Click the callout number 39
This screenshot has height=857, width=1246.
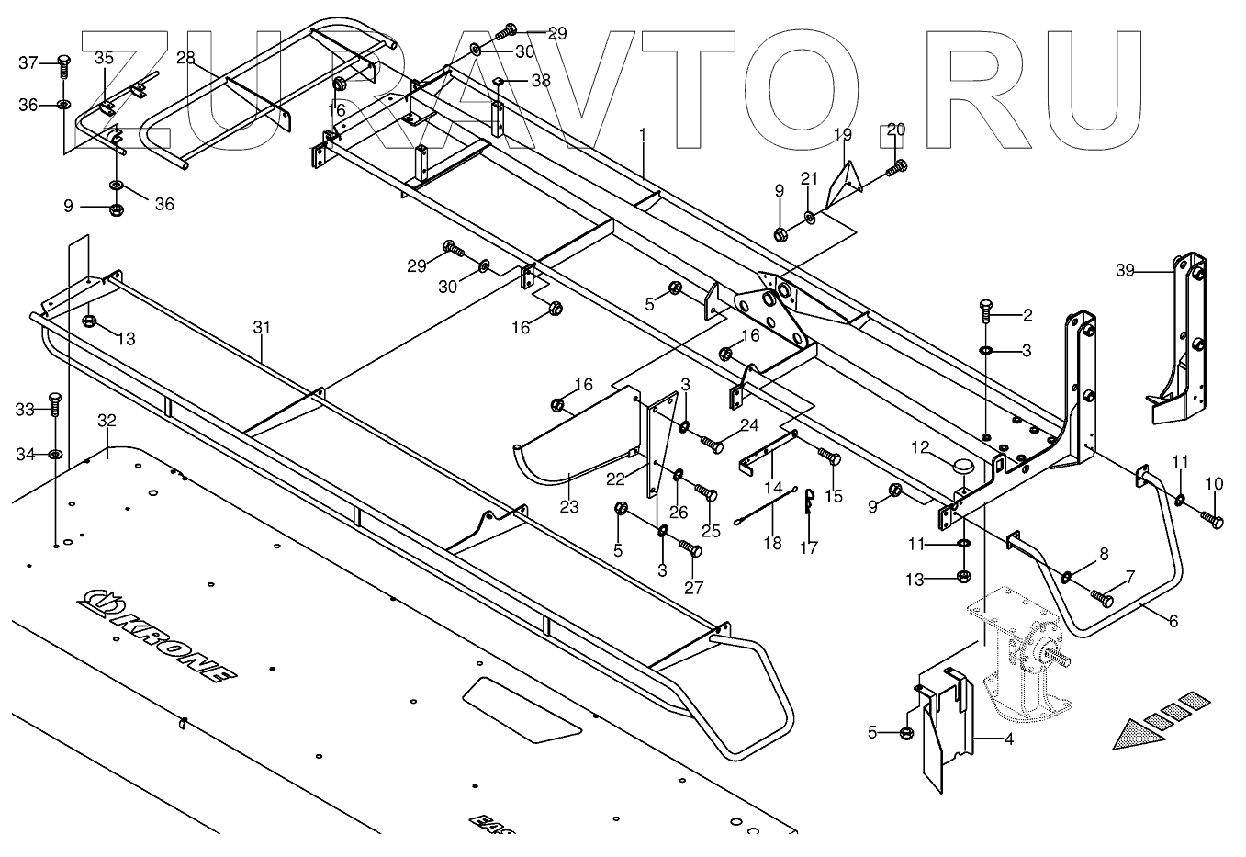tap(1126, 270)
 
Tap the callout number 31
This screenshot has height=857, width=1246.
tap(263, 327)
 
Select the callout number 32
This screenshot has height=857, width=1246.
tap(107, 421)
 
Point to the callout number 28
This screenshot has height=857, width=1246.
tap(185, 58)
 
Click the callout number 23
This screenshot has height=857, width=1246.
tap(569, 506)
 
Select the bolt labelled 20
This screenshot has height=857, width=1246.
tap(896, 169)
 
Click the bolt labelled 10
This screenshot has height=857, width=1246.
tap(1209, 520)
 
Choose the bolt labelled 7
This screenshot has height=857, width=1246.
tap(1101, 596)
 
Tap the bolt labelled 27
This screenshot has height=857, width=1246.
tap(691, 548)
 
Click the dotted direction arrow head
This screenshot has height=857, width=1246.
tap(1128, 734)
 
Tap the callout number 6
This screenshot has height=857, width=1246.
tap(1173, 620)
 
